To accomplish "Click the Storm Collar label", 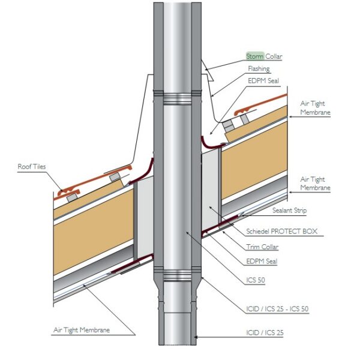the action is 264,56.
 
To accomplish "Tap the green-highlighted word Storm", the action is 255,56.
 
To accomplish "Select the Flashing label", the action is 259,68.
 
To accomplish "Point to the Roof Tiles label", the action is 32,166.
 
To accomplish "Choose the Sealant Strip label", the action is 289,211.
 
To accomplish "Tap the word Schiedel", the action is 258,231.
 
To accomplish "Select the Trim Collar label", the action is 262,247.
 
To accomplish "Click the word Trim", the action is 253,247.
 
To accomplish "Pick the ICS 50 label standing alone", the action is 256,280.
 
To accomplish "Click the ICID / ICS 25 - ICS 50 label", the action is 277,309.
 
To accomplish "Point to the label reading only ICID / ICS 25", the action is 265,332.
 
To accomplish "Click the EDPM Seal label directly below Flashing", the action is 263,81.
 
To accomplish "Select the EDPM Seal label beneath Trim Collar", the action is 262,261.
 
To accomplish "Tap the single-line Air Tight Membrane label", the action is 82,330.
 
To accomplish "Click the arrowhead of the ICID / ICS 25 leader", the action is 196,337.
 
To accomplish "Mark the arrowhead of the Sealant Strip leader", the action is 239,215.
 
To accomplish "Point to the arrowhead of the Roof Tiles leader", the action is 62,190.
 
